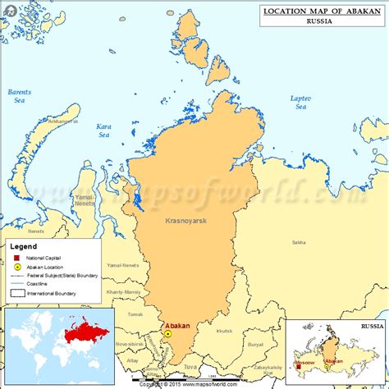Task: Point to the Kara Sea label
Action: click(103, 130)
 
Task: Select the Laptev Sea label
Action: click(300, 103)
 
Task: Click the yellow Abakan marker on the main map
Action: click(167, 334)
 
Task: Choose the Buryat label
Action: click(255, 346)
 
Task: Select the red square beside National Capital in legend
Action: click(16, 258)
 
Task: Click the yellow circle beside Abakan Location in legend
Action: click(16, 267)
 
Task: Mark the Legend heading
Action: click(23, 245)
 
